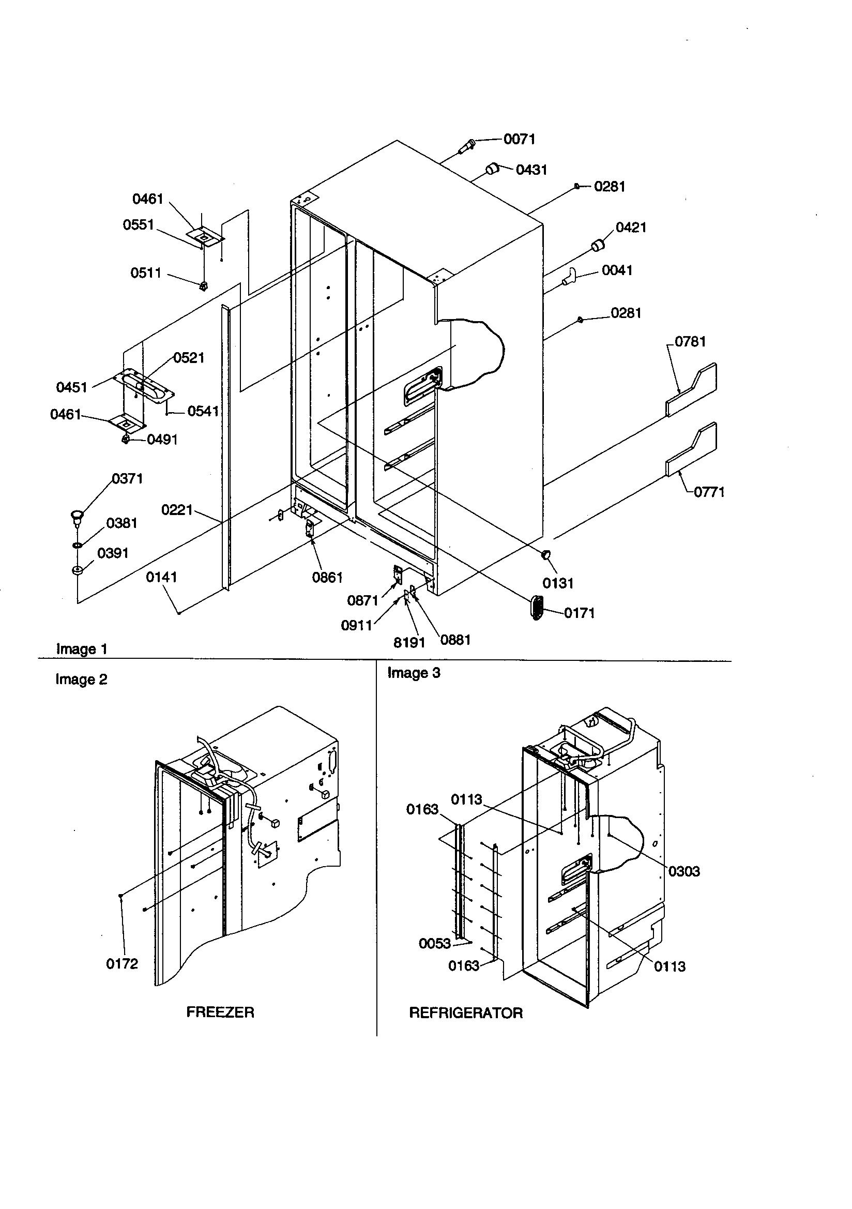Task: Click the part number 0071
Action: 519,139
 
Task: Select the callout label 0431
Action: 531,170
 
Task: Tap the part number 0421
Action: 631,228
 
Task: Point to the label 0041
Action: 617,270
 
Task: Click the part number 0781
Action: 690,342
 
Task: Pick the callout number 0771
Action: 709,492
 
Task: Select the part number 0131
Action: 558,583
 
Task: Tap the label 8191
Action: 409,642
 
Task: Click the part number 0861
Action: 327,578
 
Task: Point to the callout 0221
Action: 177,510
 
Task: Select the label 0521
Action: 189,358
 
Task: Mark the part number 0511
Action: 146,273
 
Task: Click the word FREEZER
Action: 220,1012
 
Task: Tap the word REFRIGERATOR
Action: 465,1012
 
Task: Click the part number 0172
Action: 122,963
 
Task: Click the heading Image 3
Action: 414,673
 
